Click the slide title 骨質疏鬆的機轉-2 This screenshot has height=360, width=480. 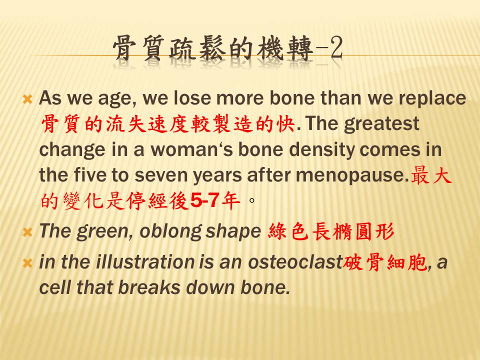coord(227,48)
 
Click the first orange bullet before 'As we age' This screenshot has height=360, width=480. coord(27,99)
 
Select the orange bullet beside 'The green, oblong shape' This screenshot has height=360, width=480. coord(27,232)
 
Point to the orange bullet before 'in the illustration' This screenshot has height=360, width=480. coord(27,263)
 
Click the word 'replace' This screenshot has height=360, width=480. coord(432,98)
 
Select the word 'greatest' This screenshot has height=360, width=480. coord(381,124)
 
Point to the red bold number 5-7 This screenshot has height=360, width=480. coord(204,201)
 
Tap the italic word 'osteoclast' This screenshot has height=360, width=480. coord(295,262)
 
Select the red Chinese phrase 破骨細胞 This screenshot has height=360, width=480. coord(384,262)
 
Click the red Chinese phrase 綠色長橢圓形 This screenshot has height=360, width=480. coord(331,231)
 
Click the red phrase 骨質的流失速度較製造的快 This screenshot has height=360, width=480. coord(167,124)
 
